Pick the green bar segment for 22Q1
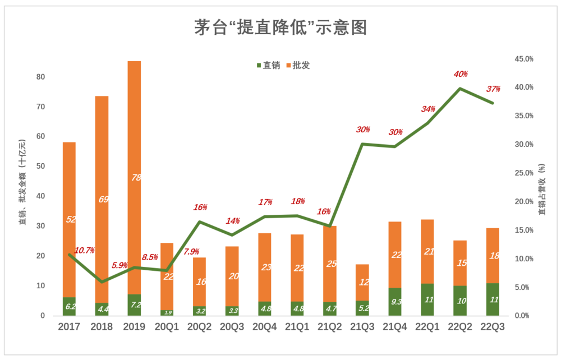[427, 299]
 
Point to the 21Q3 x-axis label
[362, 327]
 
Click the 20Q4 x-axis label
[265, 327]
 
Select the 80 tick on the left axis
[40, 77]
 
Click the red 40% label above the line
[461, 74]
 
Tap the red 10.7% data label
[84, 250]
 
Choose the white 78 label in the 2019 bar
[135, 178]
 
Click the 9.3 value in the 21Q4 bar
[395, 302]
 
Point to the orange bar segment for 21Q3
[362, 282]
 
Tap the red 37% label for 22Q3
[493, 89]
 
